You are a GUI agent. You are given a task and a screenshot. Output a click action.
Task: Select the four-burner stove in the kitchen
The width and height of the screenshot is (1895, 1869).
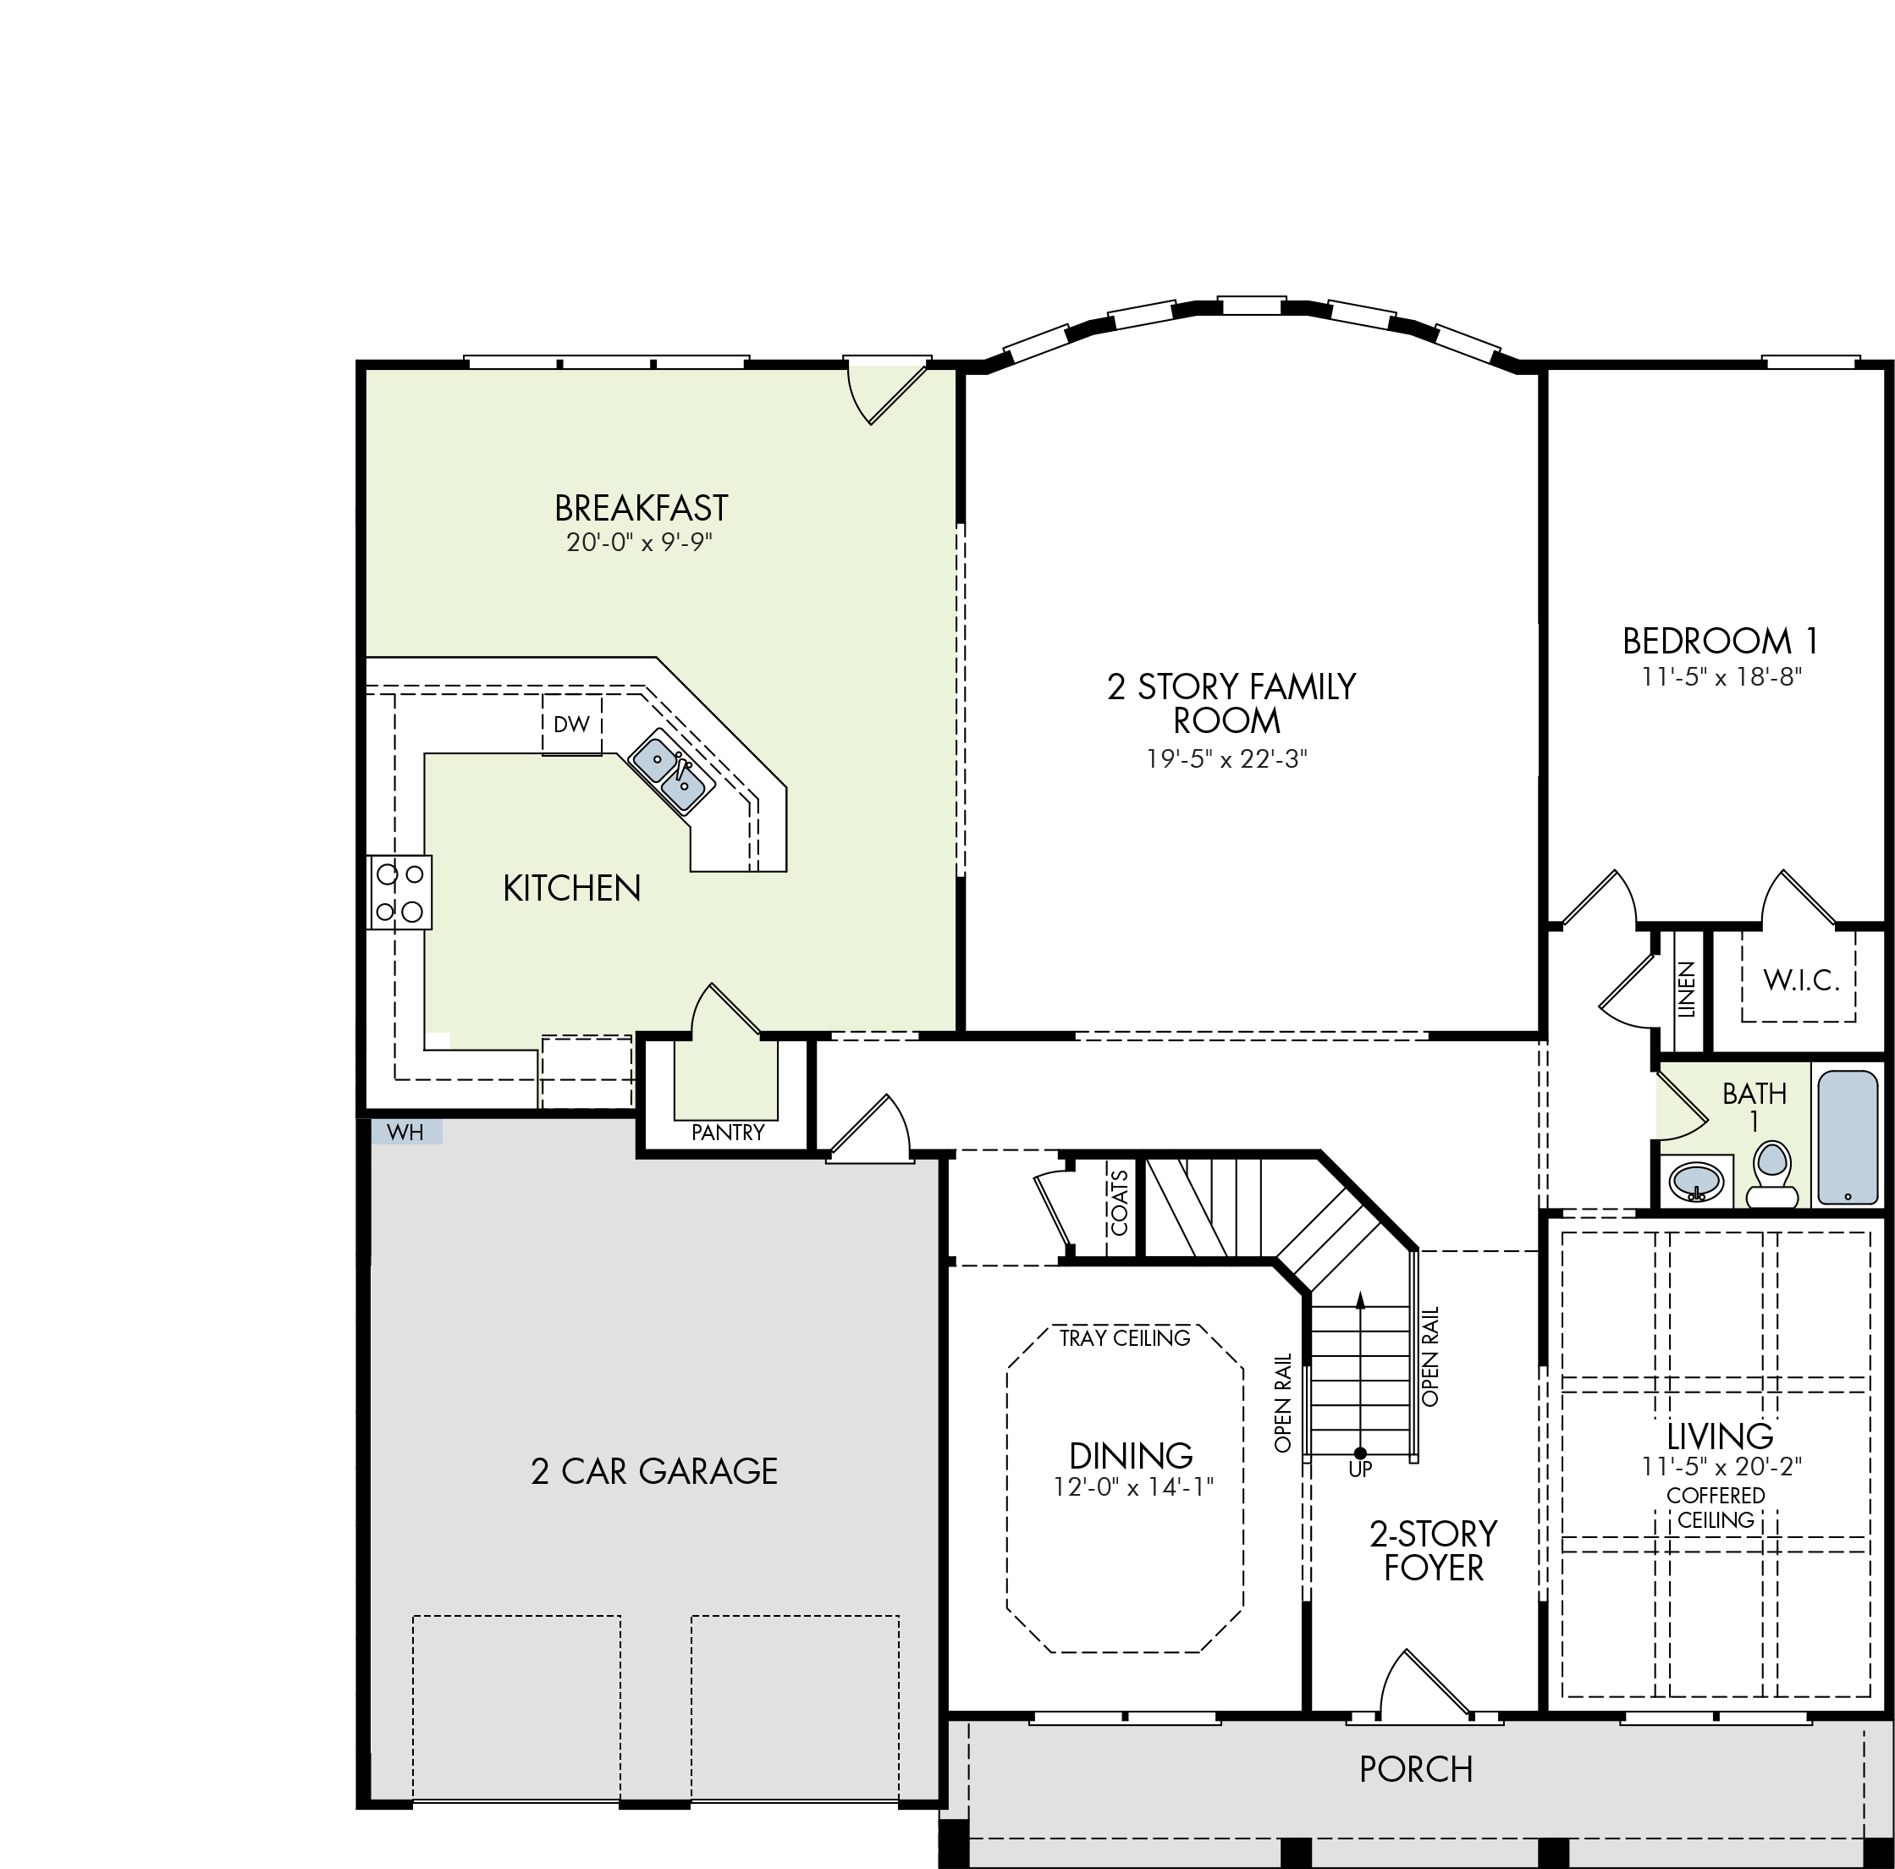point(399,892)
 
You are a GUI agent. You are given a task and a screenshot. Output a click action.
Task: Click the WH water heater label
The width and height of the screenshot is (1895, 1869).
point(405,1133)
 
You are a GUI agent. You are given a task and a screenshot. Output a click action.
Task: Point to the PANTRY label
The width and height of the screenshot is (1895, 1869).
point(728,1133)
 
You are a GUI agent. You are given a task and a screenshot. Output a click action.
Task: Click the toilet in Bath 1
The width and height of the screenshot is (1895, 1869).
point(1771,1174)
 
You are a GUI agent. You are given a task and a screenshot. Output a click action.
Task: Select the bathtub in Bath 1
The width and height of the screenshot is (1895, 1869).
point(1848,1137)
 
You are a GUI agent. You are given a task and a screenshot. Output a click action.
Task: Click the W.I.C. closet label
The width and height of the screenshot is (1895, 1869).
point(1801,979)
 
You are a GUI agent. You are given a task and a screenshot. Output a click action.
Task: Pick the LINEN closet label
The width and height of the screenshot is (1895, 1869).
point(1686,990)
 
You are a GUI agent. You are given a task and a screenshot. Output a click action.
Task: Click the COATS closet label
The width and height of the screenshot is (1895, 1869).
point(1119,1203)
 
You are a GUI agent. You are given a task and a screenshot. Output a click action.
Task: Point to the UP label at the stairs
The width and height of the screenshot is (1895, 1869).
point(1360,1469)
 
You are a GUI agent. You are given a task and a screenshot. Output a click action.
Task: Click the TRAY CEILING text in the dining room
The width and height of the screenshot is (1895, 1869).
point(1125,1338)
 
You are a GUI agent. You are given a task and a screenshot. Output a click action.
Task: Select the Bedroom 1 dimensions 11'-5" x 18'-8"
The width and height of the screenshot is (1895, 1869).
point(1722,676)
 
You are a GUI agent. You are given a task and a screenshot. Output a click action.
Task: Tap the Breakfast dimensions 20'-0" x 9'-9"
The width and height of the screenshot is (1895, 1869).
point(640,542)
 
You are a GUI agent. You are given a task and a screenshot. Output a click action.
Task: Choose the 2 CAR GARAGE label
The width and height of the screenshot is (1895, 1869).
point(654,1470)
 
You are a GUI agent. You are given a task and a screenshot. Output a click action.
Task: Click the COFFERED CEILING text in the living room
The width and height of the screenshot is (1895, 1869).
point(1716,1508)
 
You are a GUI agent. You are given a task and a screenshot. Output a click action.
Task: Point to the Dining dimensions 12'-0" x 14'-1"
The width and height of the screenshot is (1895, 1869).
point(1134,1487)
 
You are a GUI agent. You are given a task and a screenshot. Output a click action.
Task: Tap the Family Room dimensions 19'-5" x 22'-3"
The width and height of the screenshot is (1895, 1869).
point(1227,758)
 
